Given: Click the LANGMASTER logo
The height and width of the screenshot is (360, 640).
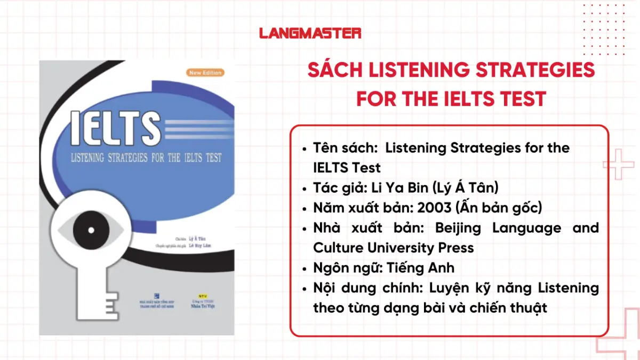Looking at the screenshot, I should [x=310, y=33].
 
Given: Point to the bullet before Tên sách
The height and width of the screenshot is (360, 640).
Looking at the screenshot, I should [x=305, y=148].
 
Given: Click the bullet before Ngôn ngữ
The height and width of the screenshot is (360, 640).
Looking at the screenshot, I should [x=305, y=268].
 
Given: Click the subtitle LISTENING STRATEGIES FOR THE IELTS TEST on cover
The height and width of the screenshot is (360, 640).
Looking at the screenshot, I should [x=146, y=158].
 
